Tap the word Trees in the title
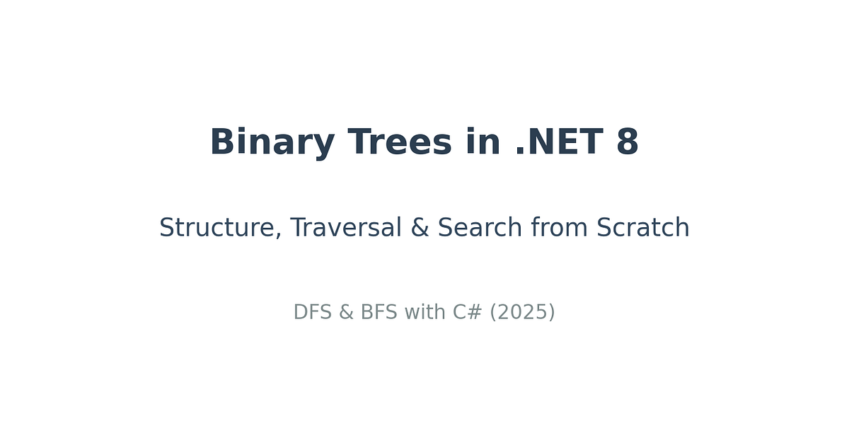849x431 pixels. tap(400, 142)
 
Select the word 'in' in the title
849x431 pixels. tap(483, 141)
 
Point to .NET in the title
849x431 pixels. tap(560, 142)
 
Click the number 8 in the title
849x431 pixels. tap(628, 142)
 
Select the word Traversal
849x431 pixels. tap(346, 227)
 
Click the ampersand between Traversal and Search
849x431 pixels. tap(420, 227)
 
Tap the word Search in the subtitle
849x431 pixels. tap(480, 227)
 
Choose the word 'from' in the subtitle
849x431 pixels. tap(559, 227)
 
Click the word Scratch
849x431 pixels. tap(643, 227)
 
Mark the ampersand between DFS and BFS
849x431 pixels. tap(346, 312)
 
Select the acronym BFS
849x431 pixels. tap(379, 312)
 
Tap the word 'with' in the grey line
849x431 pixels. tap(425, 311)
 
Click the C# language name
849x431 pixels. tap(468, 312)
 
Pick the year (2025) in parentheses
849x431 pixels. tap(522, 312)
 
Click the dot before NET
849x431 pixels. tap(520, 151)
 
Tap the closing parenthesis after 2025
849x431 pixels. tap(552, 312)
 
